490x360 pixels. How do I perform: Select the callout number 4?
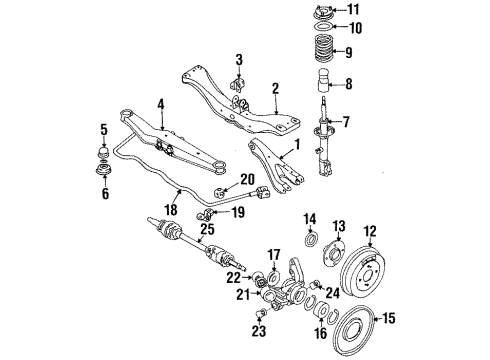point(160,103)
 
